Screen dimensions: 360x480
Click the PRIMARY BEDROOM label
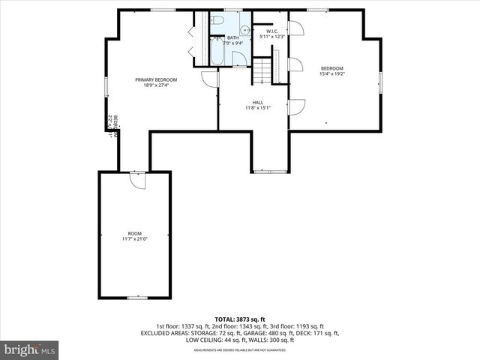point(156,79)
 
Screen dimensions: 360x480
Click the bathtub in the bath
point(216,52)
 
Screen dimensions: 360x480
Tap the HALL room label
point(257,102)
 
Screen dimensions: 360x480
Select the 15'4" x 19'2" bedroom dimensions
point(331,73)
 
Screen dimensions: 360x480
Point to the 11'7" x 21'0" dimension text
point(134,239)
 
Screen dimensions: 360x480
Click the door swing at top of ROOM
point(136,180)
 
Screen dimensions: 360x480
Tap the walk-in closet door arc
point(295,28)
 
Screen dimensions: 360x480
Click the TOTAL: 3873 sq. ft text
point(240,319)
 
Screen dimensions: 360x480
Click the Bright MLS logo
point(30,349)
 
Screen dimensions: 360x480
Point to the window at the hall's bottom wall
point(270,172)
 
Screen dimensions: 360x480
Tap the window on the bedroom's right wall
point(380,79)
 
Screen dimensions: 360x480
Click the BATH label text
point(232,37)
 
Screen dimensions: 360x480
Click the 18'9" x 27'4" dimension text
point(156,85)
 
